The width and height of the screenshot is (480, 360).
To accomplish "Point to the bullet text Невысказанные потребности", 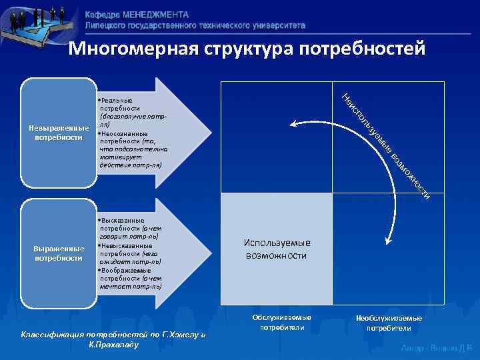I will (x=129, y=253).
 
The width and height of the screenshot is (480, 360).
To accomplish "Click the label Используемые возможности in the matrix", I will (x=276, y=249).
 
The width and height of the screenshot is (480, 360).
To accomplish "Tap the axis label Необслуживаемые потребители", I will (x=389, y=323).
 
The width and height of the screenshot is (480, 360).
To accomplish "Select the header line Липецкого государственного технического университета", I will (x=195, y=25).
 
